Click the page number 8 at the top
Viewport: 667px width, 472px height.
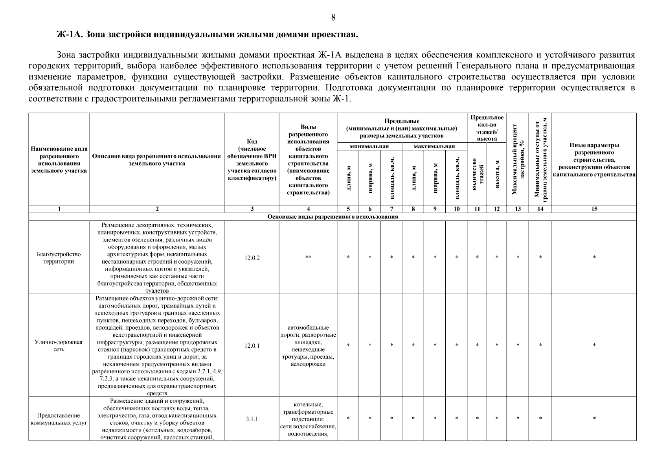click(333, 17)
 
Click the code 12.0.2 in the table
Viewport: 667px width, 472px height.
click(252, 258)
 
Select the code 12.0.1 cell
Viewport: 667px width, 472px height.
click(252, 346)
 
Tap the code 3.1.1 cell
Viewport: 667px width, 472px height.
click(252, 419)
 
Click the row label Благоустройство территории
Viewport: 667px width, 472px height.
click(59, 258)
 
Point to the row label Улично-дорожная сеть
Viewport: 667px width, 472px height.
click(59, 346)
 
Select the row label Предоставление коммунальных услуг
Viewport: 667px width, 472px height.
click(59, 419)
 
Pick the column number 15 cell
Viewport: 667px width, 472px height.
click(594, 209)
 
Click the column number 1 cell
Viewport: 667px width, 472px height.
click(59, 209)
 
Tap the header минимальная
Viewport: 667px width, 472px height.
click(369, 147)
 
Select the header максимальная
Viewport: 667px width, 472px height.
click(434, 147)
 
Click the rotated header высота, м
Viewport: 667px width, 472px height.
click(497, 174)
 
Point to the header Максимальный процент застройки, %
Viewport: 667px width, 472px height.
click(518, 159)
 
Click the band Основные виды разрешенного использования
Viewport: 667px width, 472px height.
click(333, 217)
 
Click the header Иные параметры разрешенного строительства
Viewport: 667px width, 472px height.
click(594, 160)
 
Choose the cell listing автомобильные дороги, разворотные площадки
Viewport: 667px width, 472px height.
click(308, 346)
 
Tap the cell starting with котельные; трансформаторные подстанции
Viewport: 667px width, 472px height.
click(308, 419)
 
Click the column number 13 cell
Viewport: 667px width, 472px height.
click(518, 209)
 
